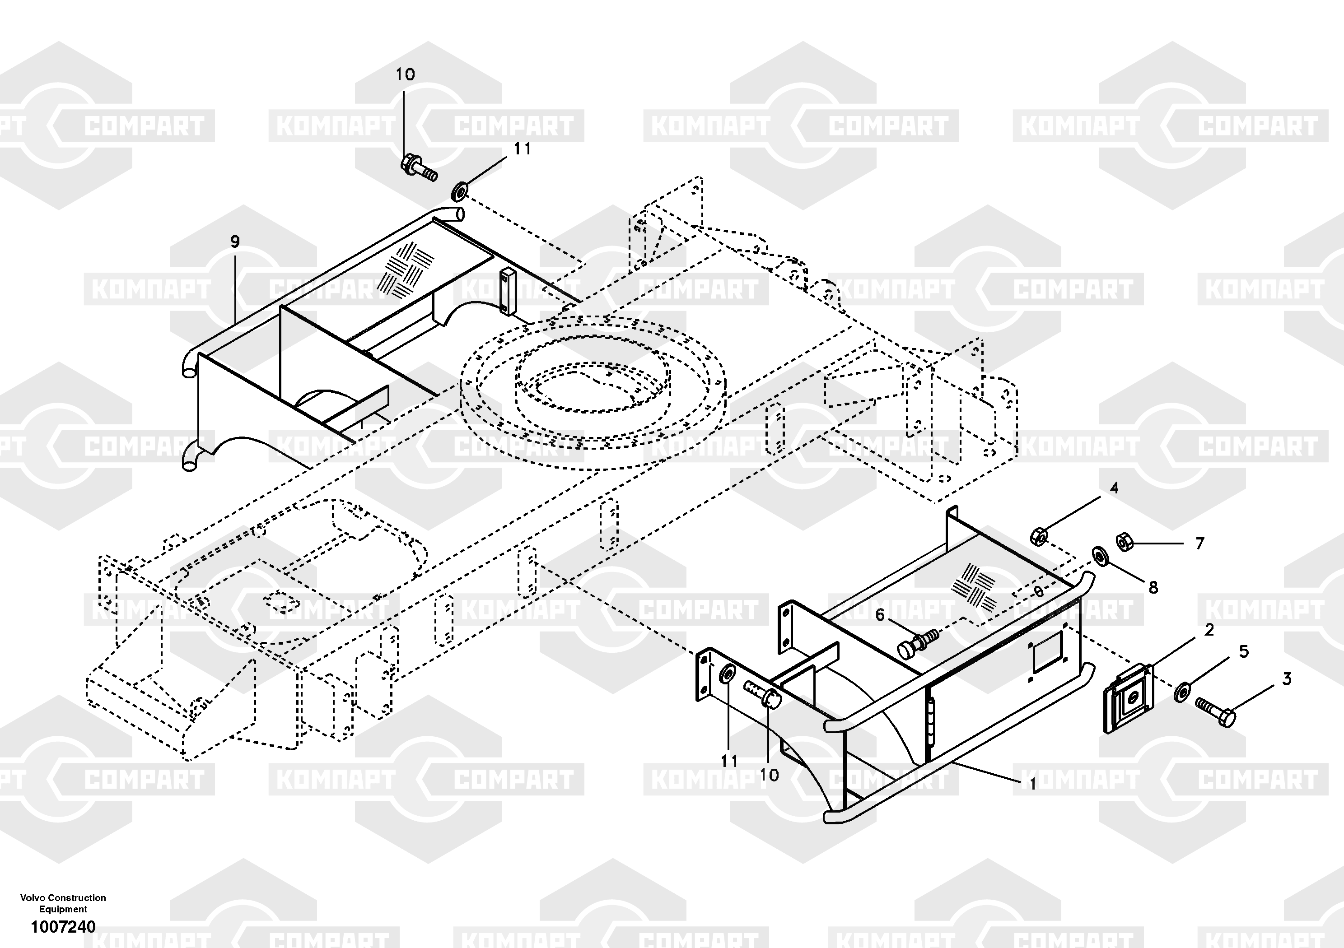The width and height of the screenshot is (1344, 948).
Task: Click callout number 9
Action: click(x=235, y=242)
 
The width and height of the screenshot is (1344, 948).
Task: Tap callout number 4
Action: click(x=1114, y=488)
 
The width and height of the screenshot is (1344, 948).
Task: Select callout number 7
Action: click(x=1199, y=544)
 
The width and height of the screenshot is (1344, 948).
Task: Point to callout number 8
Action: click(x=1153, y=587)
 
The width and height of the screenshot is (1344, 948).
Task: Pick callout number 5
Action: click(x=1243, y=652)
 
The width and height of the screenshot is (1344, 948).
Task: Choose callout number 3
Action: click(x=1287, y=679)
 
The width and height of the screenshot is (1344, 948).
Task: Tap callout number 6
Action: click(x=880, y=615)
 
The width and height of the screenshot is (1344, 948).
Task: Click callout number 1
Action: click(x=1032, y=784)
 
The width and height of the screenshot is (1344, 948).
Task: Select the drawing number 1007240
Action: click(x=63, y=927)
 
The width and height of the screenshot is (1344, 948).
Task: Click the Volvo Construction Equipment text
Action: click(x=63, y=903)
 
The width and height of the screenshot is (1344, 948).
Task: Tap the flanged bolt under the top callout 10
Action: click(x=419, y=166)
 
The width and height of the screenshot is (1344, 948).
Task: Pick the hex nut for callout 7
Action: click(x=1124, y=542)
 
